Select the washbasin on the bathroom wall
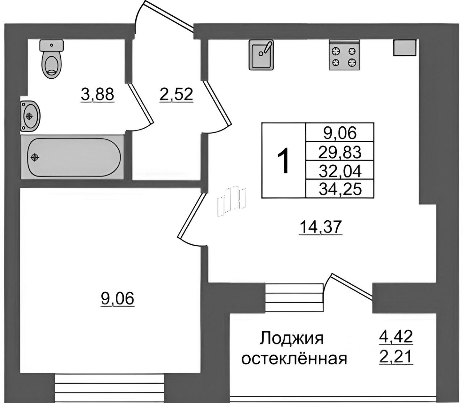point(30,115)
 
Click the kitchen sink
point(261,55)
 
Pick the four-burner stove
point(344,55)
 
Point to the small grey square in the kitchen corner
point(405,48)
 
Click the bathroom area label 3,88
point(97,95)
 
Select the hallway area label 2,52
point(176,95)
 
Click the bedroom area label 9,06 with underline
point(118,299)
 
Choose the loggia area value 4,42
point(395,338)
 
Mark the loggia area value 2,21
point(395,357)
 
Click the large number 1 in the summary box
point(284,161)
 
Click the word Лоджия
point(291,339)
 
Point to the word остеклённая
point(294,359)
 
